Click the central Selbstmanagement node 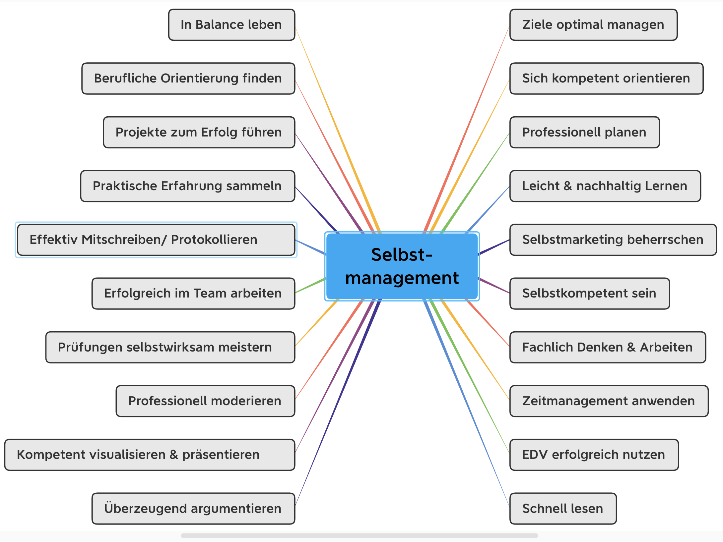pyautogui.click(x=402, y=266)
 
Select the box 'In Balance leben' pyautogui.click(x=231, y=25)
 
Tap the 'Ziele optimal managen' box pyautogui.click(x=593, y=25)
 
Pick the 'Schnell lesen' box pyautogui.click(x=563, y=509)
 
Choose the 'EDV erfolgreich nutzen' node pyautogui.click(x=594, y=455)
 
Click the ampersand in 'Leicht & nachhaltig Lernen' pyautogui.click(x=568, y=186)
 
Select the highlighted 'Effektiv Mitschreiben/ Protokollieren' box pyautogui.click(x=156, y=240)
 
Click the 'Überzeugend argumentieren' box pyautogui.click(x=193, y=509)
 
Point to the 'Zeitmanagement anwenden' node pyautogui.click(x=609, y=401)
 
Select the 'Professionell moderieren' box pyautogui.click(x=205, y=401)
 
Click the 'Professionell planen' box pyautogui.click(x=584, y=132)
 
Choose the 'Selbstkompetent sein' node pyautogui.click(x=589, y=294)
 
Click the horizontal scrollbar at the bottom pyautogui.click(x=359, y=536)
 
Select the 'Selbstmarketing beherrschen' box pyautogui.click(x=613, y=240)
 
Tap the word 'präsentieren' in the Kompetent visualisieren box pyautogui.click(x=221, y=455)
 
